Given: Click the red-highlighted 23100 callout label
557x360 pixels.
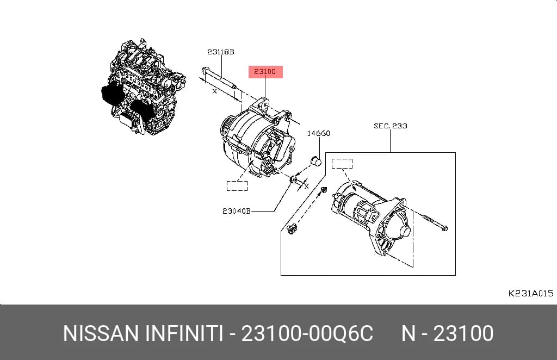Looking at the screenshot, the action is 265,72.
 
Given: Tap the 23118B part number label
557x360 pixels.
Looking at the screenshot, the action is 221,52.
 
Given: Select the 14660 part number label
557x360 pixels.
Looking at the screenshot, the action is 318,133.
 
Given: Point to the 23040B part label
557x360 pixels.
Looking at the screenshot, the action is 236,211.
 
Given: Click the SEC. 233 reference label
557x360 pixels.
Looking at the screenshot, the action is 391,126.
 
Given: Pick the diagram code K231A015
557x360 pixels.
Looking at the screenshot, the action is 531,293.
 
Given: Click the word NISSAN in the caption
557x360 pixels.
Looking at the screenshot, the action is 101,333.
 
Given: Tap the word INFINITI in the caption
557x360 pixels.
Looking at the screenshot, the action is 184,333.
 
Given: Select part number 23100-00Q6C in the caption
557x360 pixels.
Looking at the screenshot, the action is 307,333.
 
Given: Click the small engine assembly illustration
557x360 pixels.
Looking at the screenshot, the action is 143,87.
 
